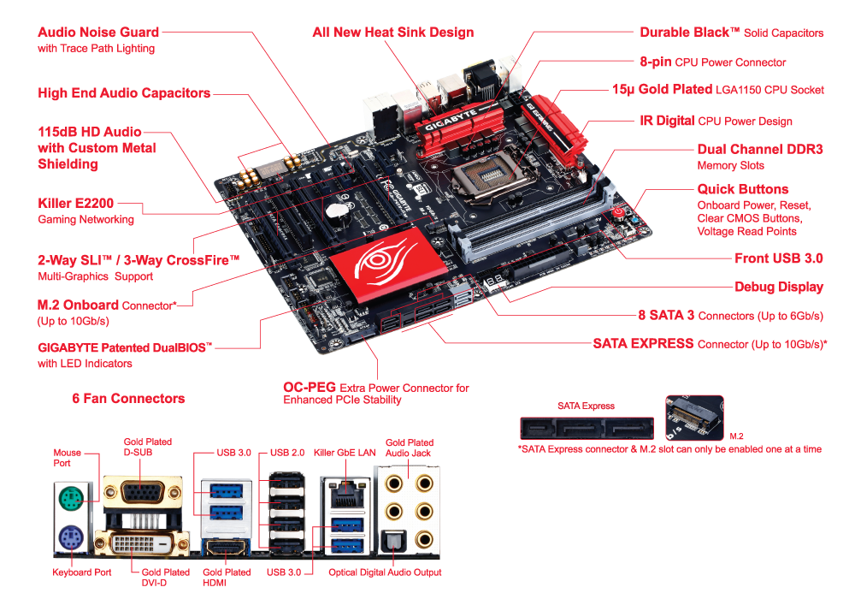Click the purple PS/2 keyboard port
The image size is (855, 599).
tap(72, 539)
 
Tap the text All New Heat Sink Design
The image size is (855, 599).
tap(392, 33)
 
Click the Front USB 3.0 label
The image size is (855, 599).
tap(778, 258)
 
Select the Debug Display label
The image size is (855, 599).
tap(778, 287)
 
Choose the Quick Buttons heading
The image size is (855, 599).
tap(742, 189)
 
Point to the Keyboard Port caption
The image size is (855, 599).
tap(82, 572)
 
